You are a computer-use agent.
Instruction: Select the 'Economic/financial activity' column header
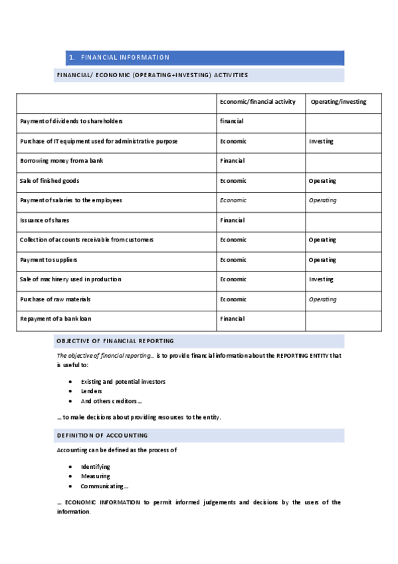point(258,102)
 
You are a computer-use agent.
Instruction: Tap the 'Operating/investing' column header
point(338,102)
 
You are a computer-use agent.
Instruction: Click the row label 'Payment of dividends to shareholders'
point(71,122)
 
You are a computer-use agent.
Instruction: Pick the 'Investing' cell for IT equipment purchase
point(321,142)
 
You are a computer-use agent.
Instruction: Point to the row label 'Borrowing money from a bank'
point(61,161)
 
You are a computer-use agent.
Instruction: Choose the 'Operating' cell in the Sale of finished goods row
point(322,181)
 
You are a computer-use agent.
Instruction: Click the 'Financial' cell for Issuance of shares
point(232,220)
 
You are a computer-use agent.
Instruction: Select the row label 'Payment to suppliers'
point(52,260)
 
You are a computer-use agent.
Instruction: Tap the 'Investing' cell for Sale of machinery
point(321,279)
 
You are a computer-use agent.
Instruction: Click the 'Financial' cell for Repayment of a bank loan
point(232,319)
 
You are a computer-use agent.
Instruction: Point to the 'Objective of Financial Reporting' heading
point(115,341)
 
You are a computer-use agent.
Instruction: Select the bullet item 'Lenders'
point(92,392)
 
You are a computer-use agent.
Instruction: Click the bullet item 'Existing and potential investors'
point(123,382)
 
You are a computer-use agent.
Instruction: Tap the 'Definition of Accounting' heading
point(102,436)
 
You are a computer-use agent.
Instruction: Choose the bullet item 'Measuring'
point(96,477)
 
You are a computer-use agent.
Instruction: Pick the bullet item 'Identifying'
point(96,467)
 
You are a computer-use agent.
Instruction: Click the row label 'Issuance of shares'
point(45,220)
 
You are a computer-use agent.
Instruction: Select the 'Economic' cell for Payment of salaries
point(233,200)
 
